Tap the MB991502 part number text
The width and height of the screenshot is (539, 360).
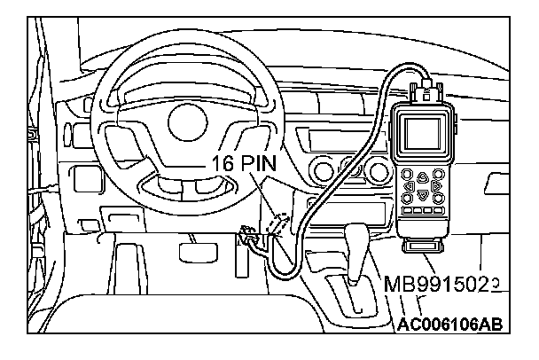click(x=439, y=285)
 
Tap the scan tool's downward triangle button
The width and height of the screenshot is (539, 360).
click(x=423, y=194)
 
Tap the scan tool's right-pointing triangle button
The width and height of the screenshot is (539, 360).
click(x=434, y=186)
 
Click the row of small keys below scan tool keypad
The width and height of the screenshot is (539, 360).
click(x=423, y=213)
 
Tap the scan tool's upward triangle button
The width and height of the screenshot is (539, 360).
click(x=423, y=176)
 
